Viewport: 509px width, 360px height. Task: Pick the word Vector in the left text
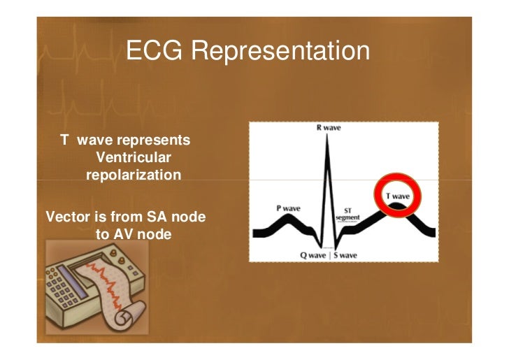click(65, 217)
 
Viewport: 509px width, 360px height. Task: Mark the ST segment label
click(347, 213)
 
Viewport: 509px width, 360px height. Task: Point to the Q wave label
click(314, 255)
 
